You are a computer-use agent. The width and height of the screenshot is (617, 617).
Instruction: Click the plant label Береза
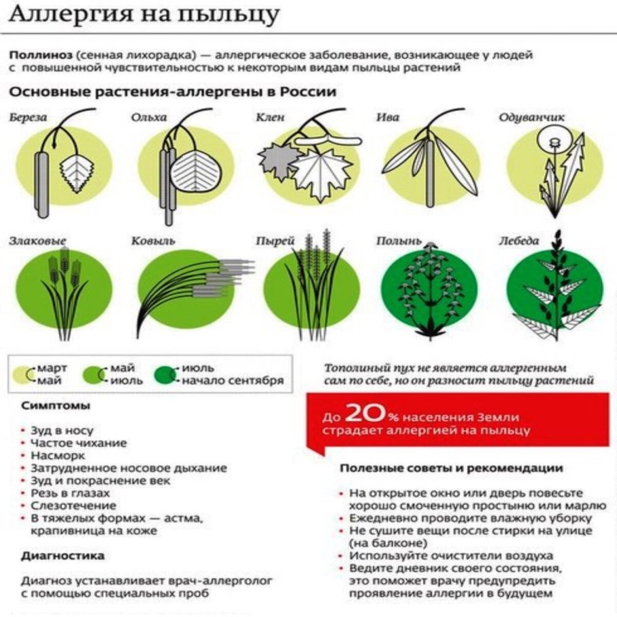click(x=29, y=117)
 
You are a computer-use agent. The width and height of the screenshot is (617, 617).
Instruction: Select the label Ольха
click(x=149, y=117)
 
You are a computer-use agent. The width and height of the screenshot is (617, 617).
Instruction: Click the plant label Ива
click(x=388, y=117)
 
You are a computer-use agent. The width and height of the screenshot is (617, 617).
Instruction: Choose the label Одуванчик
click(x=532, y=117)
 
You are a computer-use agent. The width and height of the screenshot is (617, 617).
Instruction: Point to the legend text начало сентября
click(x=233, y=381)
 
